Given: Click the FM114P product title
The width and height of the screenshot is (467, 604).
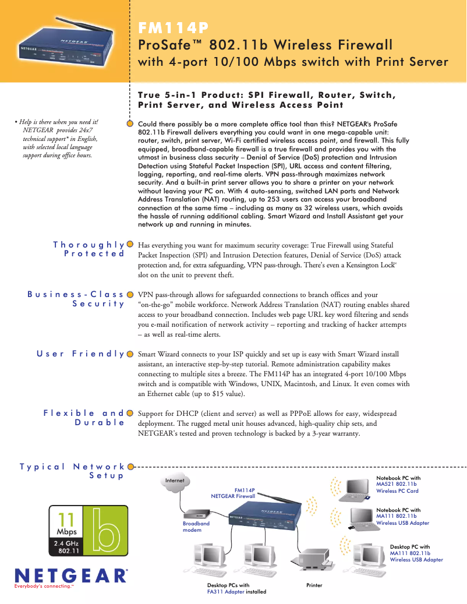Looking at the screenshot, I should click(173, 28).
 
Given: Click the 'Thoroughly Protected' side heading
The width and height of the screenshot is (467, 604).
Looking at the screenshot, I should click(89, 249).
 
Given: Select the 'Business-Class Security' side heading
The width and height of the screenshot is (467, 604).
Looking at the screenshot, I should click(76, 299).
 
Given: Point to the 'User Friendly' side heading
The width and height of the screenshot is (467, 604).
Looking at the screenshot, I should click(81, 354).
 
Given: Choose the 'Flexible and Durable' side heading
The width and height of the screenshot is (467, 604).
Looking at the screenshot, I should click(84, 418).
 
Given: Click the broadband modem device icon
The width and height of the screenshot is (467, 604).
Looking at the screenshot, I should click(197, 515).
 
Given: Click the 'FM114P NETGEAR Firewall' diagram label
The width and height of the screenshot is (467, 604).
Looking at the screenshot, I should click(233, 493).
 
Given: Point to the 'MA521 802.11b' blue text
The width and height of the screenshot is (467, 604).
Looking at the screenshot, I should click(397, 484).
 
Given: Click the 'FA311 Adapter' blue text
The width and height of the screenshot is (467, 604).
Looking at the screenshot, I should click(225, 591).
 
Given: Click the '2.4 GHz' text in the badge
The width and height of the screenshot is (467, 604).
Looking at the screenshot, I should click(66, 544).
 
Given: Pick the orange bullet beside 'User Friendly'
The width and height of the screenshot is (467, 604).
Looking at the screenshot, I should click(130, 354).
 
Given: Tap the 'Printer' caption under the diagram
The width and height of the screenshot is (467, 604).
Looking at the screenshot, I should click(314, 585).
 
